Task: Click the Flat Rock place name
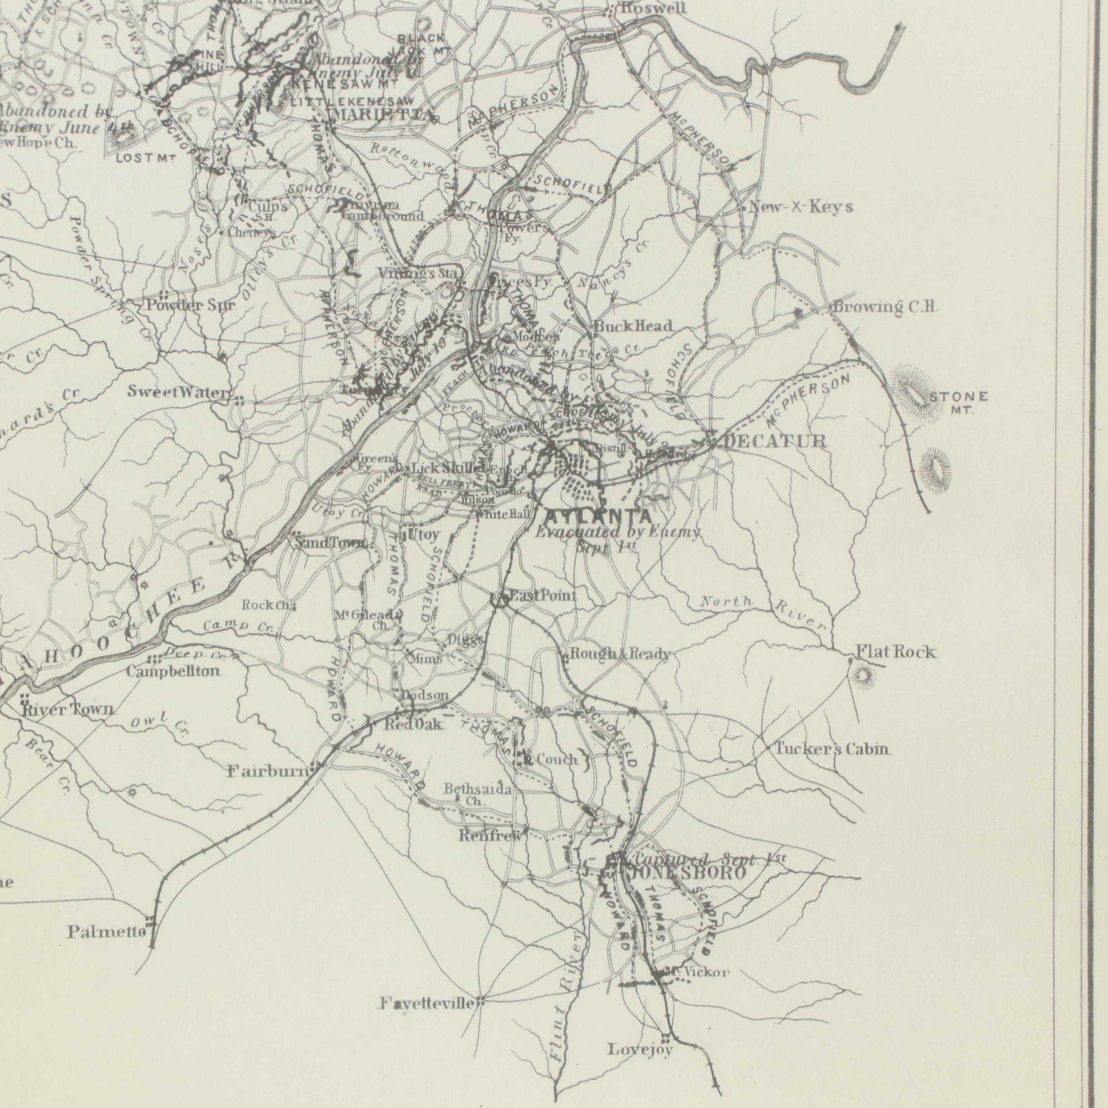pyautogui.click(x=896, y=652)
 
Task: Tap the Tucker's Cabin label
pyautogui.click(x=833, y=749)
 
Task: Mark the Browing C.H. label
pyautogui.click(x=886, y=307)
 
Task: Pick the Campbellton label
pyautogui.click(x=173, y=670)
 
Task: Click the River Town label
pyautogui.click(x=68, y=710)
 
